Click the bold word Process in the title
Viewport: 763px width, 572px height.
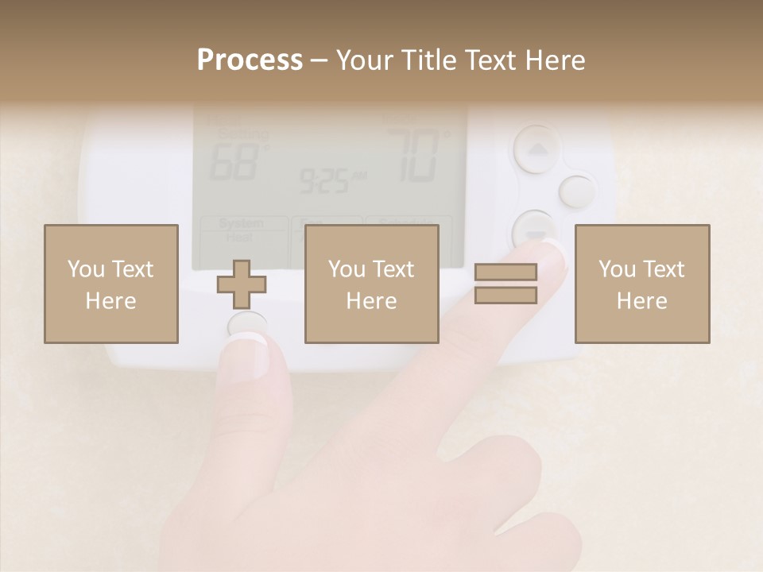pyautogui.click(x=250, y=60)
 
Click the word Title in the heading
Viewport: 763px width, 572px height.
pyautogui.click(x=423, y=60)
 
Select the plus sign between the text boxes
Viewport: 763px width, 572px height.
pyautogui.click(x=242, y=284)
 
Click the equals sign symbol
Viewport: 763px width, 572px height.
pyautogui.click(x=505, y=284)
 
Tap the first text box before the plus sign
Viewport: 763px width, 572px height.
pyautogui.click(x=110, y=284)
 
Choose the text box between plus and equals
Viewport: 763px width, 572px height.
pyautogui.click(x=371, y=284)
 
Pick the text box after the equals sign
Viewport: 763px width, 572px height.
pyautogui.click(x=641, y=284)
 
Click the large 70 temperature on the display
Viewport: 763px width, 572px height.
pyautogui.click(x=413, y=155)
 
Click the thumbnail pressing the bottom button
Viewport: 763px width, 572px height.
pyautogui.click(x=253, y=350)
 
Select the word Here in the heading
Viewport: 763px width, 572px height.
pyautogui.click(x=556, y=60)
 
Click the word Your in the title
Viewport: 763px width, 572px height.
pyautogui.click(x=362, y=60)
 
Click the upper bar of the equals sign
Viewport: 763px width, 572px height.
pyautogui.click(x=505, y=272)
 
